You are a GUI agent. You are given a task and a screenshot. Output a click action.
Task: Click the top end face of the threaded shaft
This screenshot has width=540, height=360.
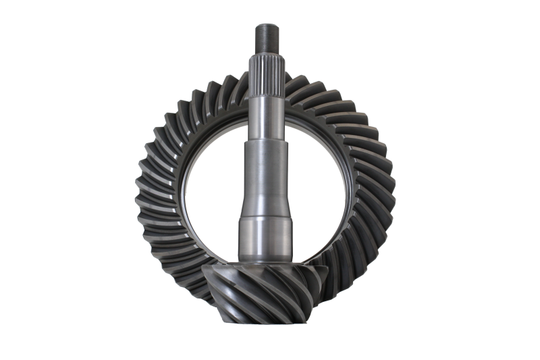267,25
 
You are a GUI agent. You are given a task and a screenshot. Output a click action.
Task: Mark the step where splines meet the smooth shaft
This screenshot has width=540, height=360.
268,95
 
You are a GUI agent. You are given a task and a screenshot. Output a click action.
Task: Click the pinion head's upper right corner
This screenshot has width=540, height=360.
327,269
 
